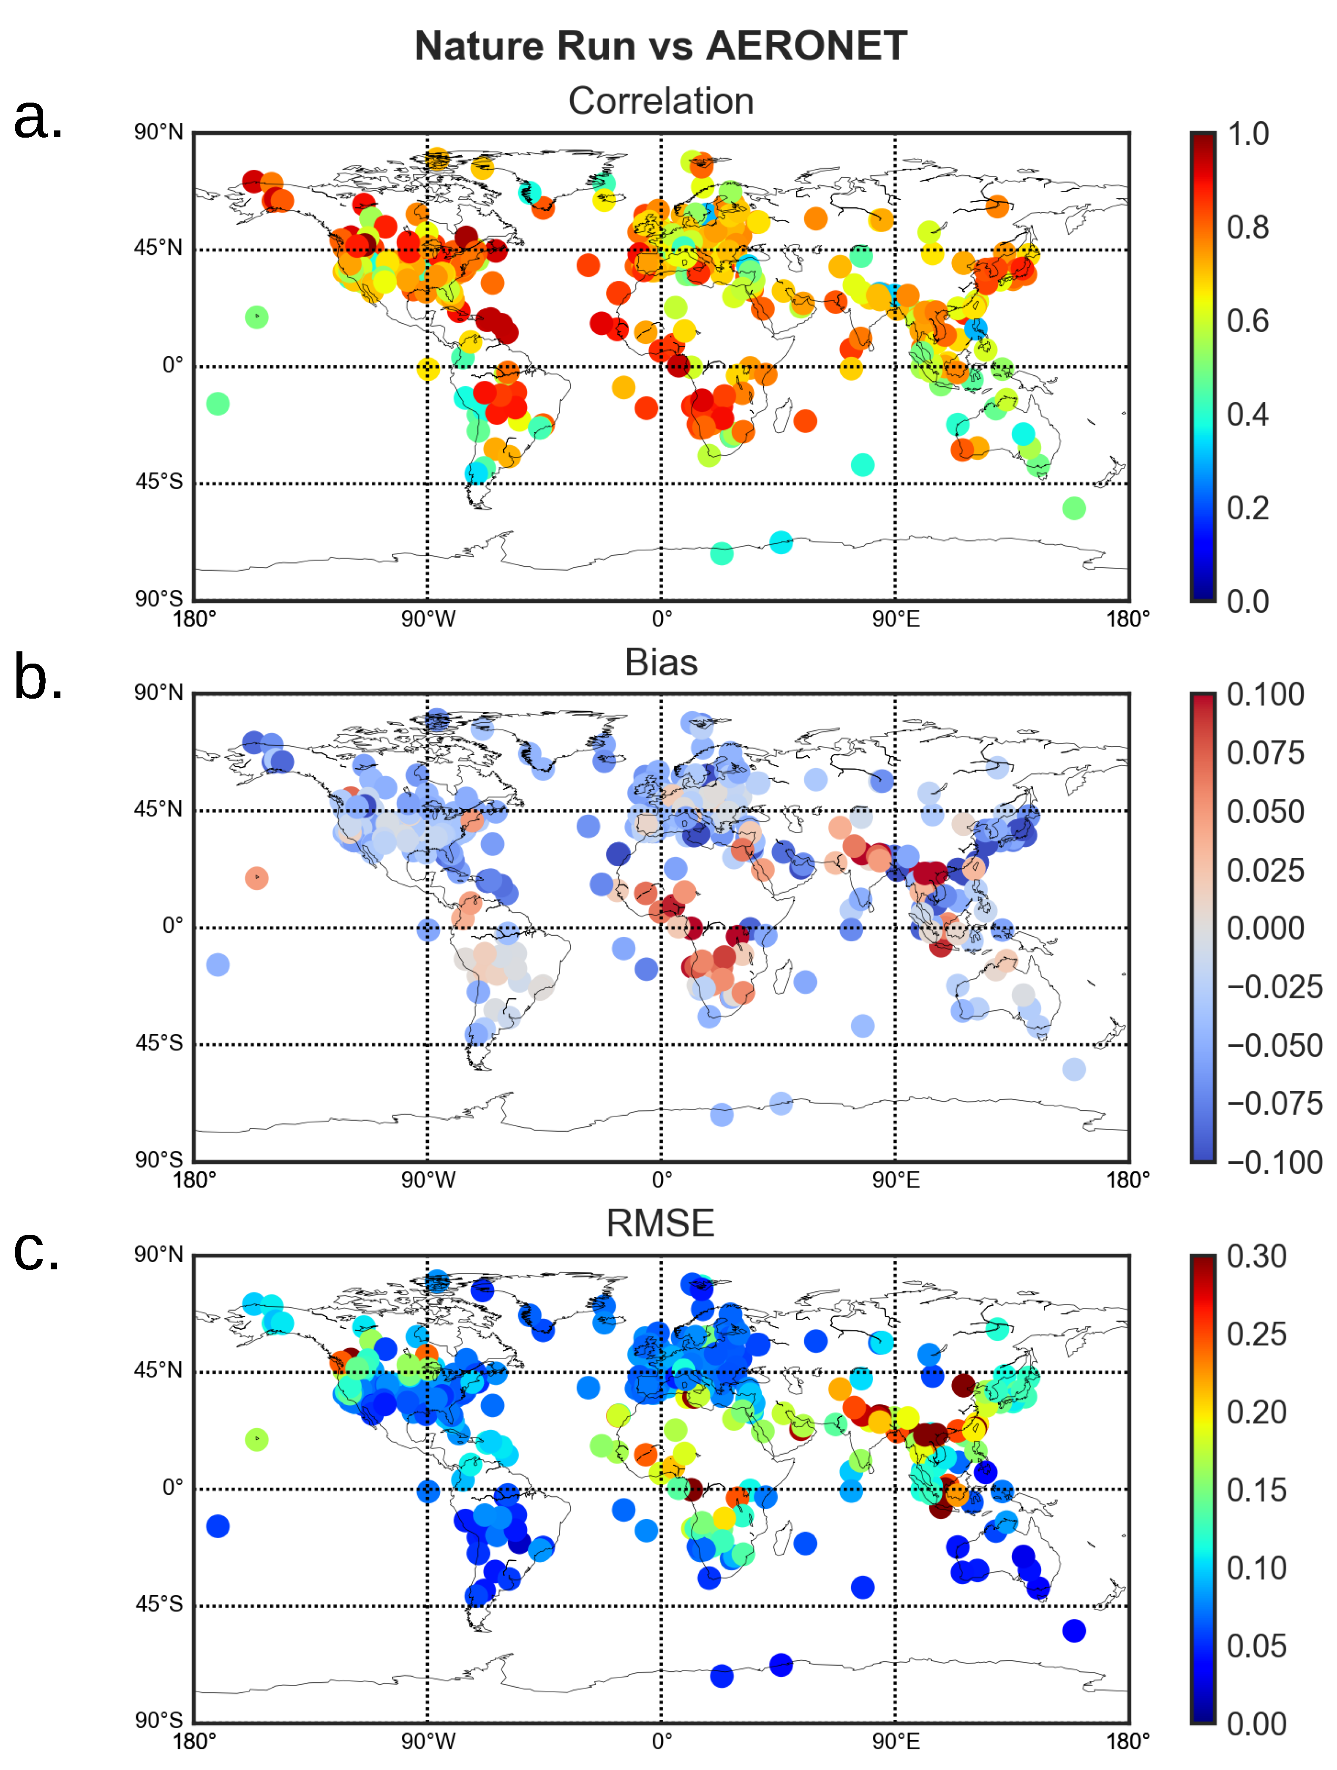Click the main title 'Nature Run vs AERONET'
(661, 46)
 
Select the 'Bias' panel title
(661, 663)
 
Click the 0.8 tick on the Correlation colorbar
(1247, 227)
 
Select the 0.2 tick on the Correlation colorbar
(1247, 508)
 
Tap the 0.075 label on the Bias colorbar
(1265, 753)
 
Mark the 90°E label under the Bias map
(895, 1179)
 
